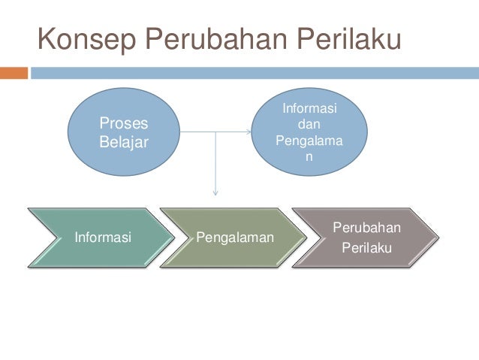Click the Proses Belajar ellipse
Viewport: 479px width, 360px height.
[x=124, y=132]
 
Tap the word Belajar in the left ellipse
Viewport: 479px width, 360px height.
[x=124, y=141]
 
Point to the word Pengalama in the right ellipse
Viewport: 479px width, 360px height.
[x=309, y=140]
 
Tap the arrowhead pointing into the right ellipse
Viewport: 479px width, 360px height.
[x=249, y=133]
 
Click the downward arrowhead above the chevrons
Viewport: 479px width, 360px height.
[x=216, y=195]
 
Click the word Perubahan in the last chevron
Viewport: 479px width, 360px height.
[x=366, y=228]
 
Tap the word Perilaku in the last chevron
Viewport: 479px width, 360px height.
[x=366, y=247]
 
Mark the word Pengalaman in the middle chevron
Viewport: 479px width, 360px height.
[x=234, y=238]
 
